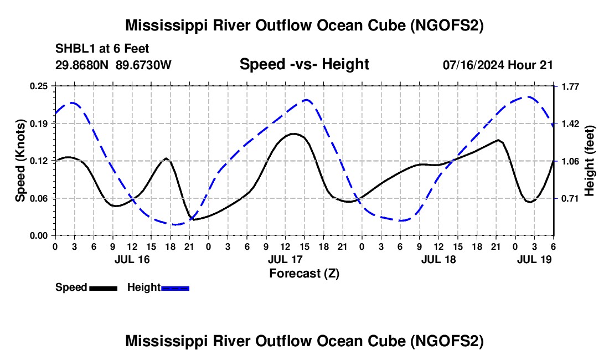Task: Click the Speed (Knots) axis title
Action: pyautogui.click(x=20, y=161)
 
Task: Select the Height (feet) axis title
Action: pyautogui.click(x=589, y=161)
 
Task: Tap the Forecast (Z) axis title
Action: pyautogui.click(x=304, y=273)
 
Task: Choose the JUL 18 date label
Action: pyautogui.click(x=438, y=259)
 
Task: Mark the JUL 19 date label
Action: pyautogui.click(x=534, y=259)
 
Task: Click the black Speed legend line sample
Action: pyautogui.click(x=103, y=287)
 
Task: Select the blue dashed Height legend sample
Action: pyautogui.click(x=176, y=287)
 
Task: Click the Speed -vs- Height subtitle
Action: pyautogui.click(x=304, y=64)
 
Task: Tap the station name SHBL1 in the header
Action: pyautogui.click(x=72, y=49)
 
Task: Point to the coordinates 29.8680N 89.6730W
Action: pyautogui.click(x=113, y=65)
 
